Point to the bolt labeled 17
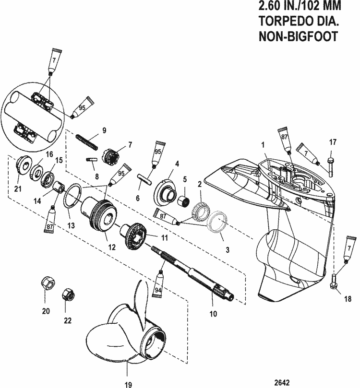click(331, 164)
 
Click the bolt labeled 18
click(335, 280)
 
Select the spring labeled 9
click(88, 141)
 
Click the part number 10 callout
click(214, 315)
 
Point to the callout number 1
click(263, 143)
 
